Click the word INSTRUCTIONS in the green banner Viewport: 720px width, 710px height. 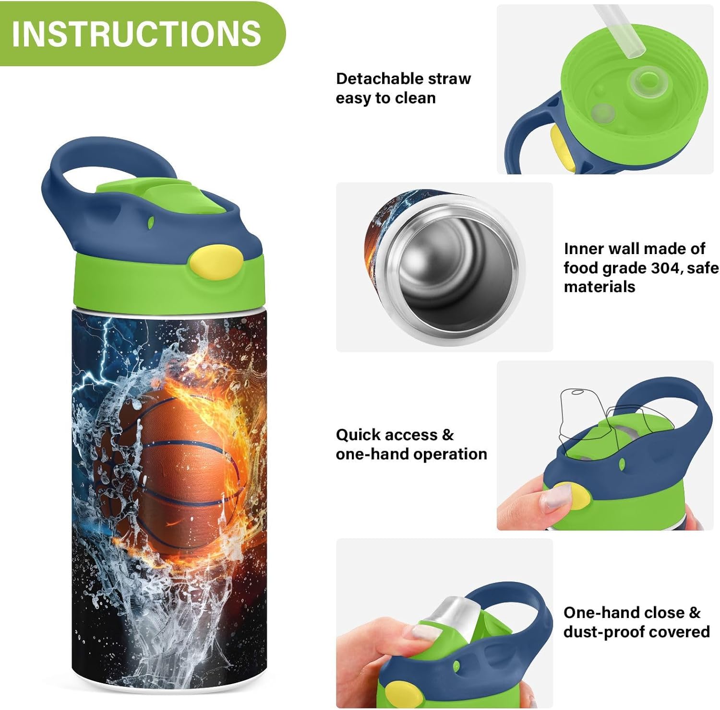pyautogui.click(x=136, y=34)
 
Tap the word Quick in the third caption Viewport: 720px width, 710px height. pyautogui.click(x=356, y=435)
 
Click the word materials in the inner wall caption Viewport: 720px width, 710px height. pyautogui.click(x=599, y=287)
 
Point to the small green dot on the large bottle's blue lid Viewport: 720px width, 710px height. pyautogui.click(x=151, y=222)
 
